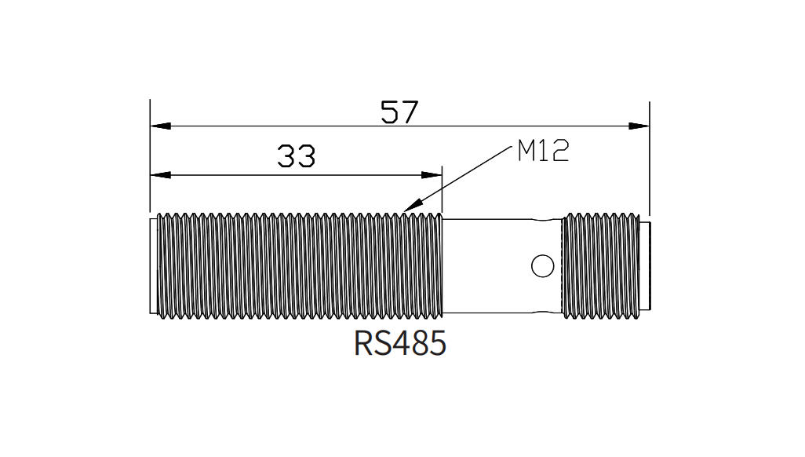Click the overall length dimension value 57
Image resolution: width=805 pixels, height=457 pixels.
coord(399,112)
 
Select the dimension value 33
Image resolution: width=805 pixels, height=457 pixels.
coord(296,157)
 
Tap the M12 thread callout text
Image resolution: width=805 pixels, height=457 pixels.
coord(542,151)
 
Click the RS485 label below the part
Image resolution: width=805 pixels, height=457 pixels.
coord(400,343)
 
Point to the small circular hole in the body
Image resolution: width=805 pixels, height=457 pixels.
coord(542,266)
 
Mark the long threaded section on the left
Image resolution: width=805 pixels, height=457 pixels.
coord(298,266)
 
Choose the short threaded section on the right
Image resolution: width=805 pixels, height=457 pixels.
coord(600,266)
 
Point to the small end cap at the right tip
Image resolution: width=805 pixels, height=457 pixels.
coord(647,266)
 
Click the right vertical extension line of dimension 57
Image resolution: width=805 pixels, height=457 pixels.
coord(650,157)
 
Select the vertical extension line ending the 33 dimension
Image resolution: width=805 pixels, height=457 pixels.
coord(443,188)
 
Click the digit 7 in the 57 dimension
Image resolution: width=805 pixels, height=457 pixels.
coord(410,112)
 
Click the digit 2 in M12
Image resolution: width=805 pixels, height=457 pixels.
coord(558,151)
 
